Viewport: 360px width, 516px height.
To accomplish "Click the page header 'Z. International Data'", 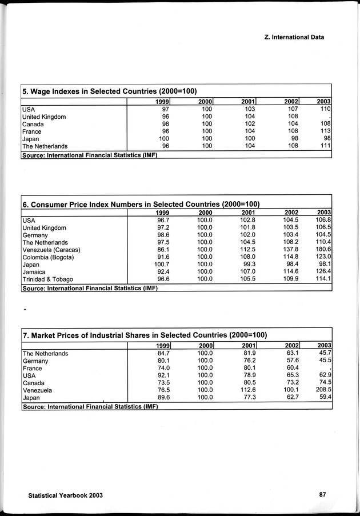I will (x=294, y=37).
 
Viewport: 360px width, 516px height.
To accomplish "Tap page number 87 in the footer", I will (x=322, y=495).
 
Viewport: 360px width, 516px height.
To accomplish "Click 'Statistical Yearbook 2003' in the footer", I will (x=65, y=495).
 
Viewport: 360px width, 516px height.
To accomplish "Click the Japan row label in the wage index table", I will (x=31, y=139).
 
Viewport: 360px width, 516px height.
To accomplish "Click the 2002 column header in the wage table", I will (x=291, y=102).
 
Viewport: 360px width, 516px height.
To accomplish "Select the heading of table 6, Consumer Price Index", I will (x=141, y=204).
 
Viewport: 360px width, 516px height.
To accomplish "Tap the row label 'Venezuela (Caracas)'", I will (x=51, y=250).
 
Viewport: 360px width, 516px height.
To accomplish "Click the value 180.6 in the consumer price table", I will (x=323, y=250).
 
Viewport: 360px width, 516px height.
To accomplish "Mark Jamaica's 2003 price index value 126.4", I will (x=323, y=273).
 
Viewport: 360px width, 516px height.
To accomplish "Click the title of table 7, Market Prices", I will (x=145, y=334).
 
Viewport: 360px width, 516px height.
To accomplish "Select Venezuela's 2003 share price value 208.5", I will (x=323, y=390).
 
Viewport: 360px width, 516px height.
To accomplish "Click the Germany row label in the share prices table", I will (x=35, y=361).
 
